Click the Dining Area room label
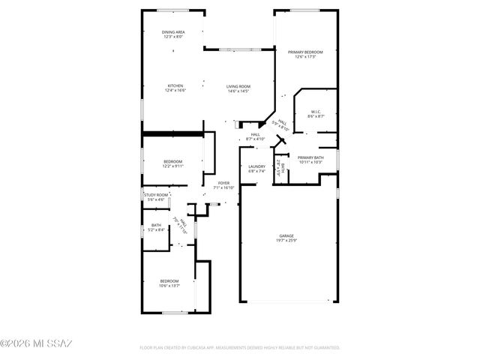coord(173,32)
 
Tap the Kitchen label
coord(175,86)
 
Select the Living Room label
coord(238,86)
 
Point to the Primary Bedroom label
coord(305,52)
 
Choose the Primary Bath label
coord(310,157)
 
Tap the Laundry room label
coord(257,166)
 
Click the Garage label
coord(287,235)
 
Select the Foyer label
coord(223,183)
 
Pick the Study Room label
coord(156,195)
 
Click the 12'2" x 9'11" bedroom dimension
coord(173,166)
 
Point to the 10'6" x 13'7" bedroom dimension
coord(169,285)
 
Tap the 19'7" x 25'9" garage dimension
coord(287,240)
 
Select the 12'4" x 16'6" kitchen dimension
coord(175,91)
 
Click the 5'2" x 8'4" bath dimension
coord(156,229)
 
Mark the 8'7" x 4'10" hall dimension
coord(256,139)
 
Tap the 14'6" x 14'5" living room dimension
coord(238,91)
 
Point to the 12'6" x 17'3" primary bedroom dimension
coord(305,56)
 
